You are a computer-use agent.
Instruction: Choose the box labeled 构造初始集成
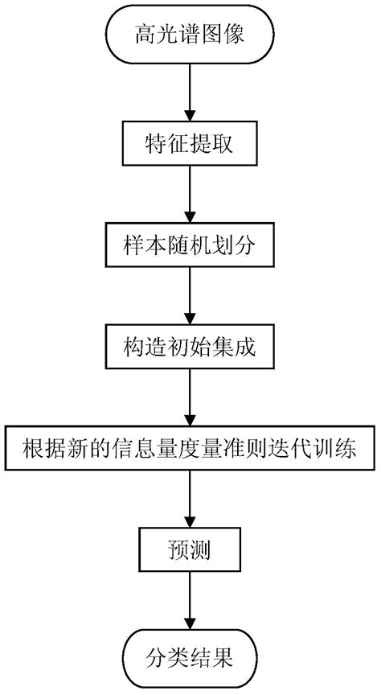[x=190, y=347]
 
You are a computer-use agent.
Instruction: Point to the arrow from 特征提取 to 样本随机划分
[x=190, y=195]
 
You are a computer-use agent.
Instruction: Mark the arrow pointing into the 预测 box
[x=190, y=501]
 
